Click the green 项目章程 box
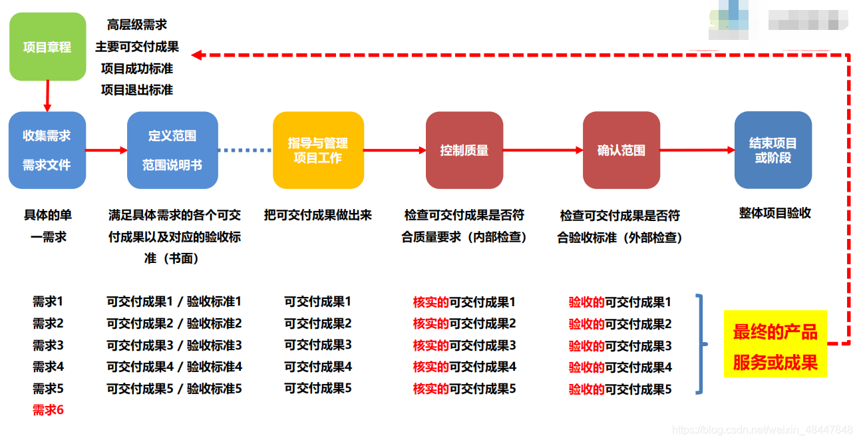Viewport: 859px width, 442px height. coord(47,47)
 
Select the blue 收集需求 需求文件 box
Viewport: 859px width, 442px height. coord(47,150)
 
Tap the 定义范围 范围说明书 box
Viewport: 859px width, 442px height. coord(172,150)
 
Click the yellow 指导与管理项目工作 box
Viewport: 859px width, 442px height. coord(318,150)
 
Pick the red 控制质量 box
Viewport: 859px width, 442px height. coord(464,150)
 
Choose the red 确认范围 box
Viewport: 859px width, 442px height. coord(621,150)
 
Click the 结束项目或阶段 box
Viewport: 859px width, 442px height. coord(773,150)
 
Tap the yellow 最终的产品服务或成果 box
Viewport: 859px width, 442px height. coord(775,343)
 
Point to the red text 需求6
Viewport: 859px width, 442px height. coord(48,410)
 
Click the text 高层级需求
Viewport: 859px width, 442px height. coord(137,25)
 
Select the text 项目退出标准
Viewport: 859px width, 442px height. coord(137,89)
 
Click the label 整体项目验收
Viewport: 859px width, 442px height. coord(774,214)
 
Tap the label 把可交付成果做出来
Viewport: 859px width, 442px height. coord(317,215)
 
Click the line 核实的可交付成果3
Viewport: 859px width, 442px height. coord(464,345)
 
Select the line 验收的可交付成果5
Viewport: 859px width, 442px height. coord(620,389)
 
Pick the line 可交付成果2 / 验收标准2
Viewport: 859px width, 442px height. coord(174,324)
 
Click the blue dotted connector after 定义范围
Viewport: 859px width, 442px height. coord(245,150)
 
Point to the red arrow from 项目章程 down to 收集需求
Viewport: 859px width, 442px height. coord(47,95)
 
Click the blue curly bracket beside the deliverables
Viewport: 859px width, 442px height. coord(700,343)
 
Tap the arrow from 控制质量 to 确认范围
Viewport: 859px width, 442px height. coord(542,150)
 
